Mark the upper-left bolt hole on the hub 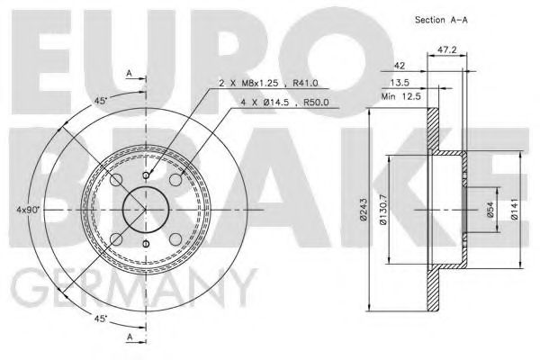(x=116, y=181)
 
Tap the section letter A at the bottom (x=131, y=337)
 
